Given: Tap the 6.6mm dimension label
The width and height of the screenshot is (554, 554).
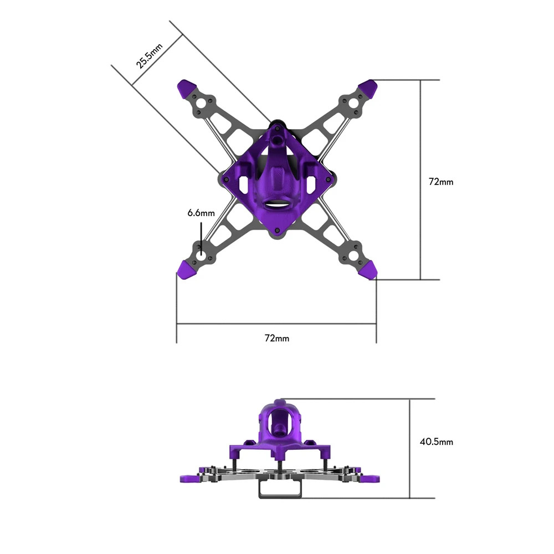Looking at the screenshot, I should click(x=201, y=213).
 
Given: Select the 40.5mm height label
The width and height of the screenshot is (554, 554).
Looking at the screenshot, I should click(x=437, y=442).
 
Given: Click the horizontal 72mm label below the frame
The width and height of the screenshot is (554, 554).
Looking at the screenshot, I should click(x=276, y=338).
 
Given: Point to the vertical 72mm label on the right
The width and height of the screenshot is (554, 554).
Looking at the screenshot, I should click(x=441, y=181).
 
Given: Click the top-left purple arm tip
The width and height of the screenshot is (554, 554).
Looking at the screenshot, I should click(x=186, y=88).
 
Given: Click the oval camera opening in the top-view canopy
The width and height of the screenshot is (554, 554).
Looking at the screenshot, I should click(x=276, y=203).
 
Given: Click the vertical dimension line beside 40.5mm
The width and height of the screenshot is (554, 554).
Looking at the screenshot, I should click(x=409, y=448).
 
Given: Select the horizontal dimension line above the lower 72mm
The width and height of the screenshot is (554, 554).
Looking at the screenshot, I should click(x=276, y=325).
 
